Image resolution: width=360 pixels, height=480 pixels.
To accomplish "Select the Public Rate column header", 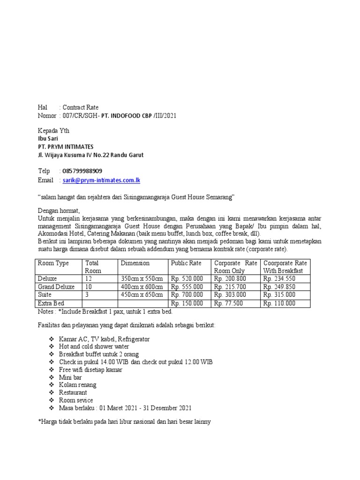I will pyautogui.click(x=186, y=263).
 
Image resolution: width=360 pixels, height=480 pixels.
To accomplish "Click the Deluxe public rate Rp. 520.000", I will pyautogui.click(x=187, y=278).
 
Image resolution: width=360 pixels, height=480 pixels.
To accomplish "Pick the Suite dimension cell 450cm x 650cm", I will pyautogui.click(x=142, y=295).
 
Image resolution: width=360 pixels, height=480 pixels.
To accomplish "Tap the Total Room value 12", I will pyautogui.click(x=89, y=278).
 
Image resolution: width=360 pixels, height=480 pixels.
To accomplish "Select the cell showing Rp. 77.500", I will pyautogui.click(x=228, y=303).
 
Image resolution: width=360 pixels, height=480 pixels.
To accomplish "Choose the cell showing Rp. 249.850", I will pyautogui.click(x=279, y=286).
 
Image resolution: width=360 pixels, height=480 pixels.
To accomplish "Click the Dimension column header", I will pyautogui.click(x=135, y=263).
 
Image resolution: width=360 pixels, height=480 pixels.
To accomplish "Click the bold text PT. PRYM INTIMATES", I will pyautogui.click(x=66, y=147).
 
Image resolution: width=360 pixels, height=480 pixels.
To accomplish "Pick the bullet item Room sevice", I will pyautogui.click(x=76, y=400).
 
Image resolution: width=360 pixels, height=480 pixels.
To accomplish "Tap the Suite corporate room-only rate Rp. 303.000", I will pyautogui.click(x=230, y=295).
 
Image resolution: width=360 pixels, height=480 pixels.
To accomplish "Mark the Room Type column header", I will pyautogui.click(x=53, y=263).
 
